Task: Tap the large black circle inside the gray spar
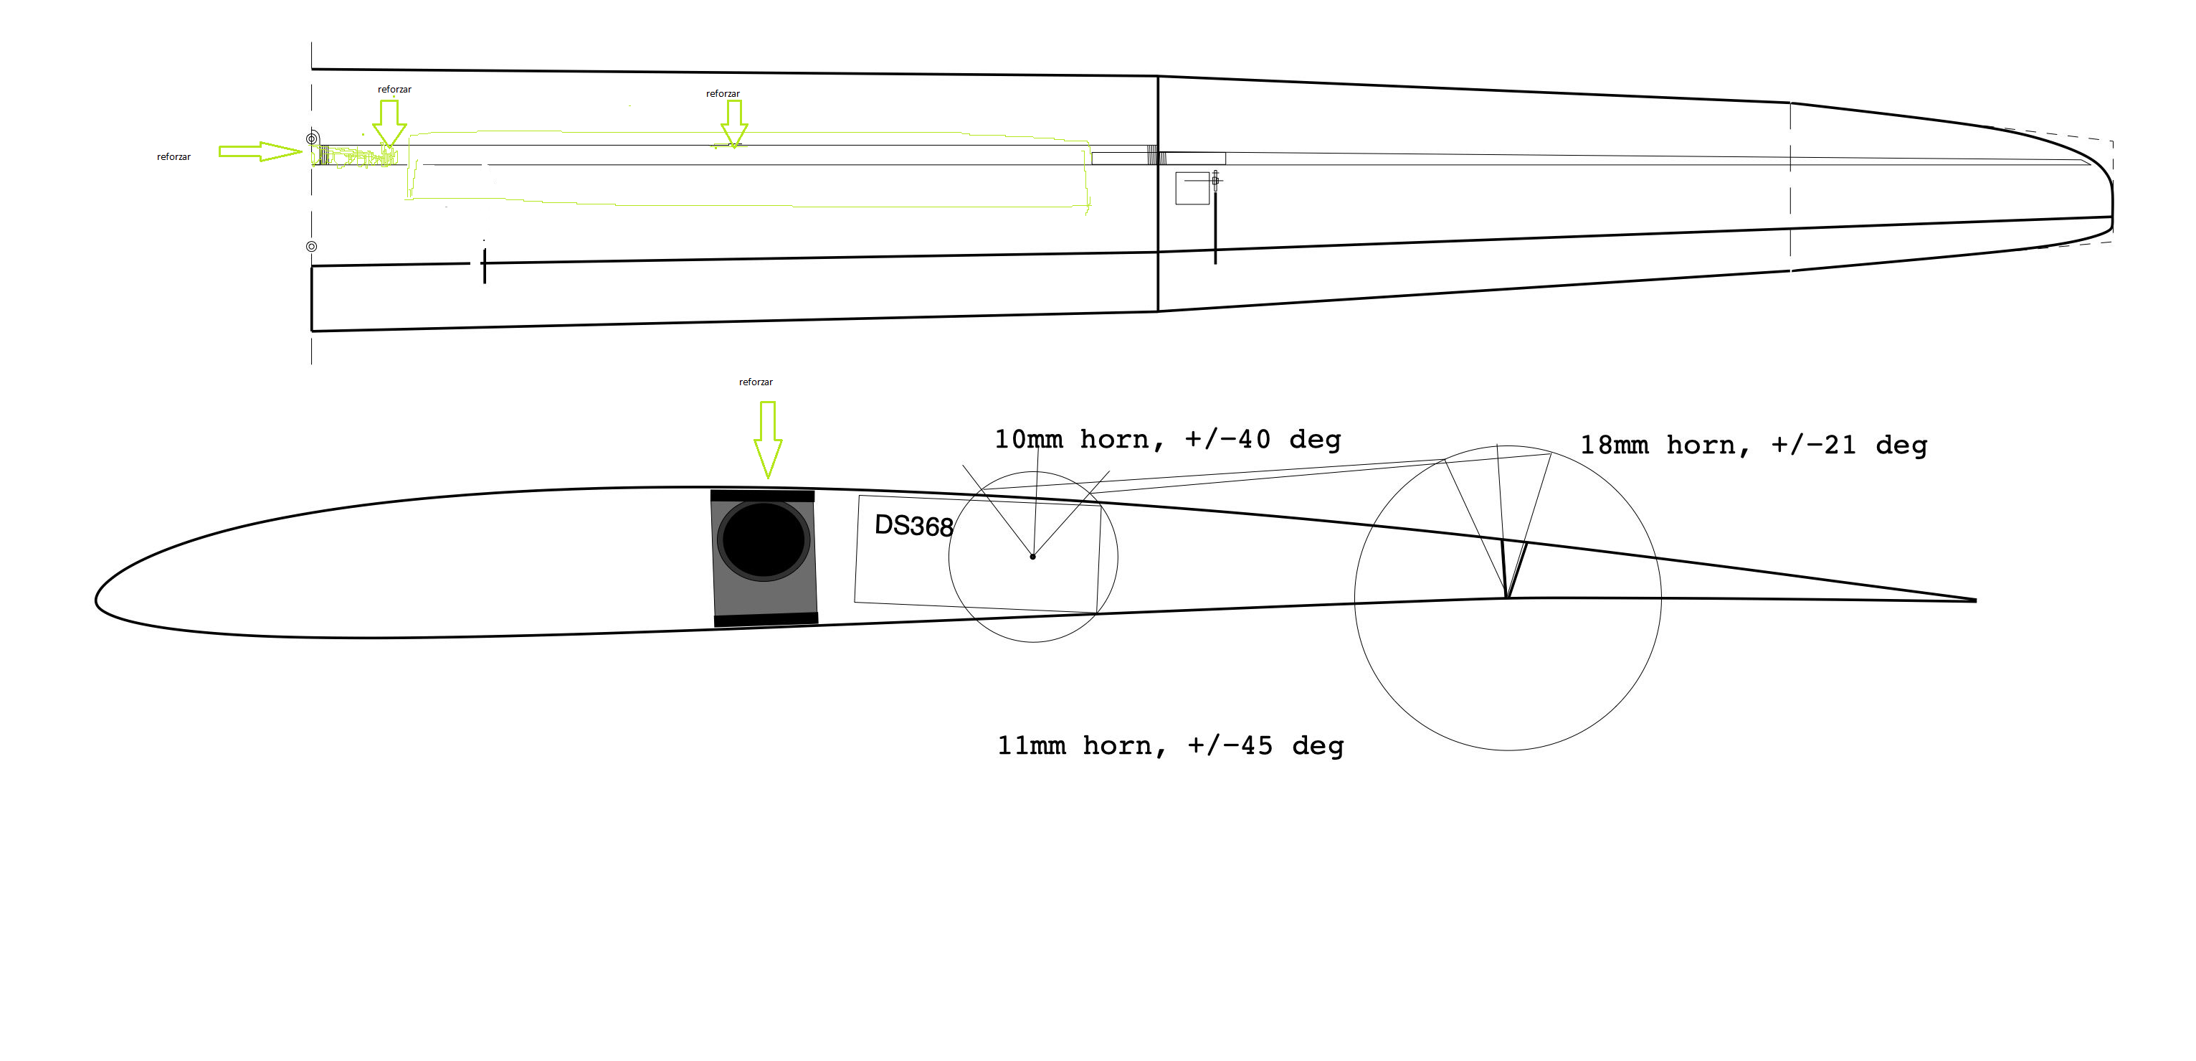point(764,540)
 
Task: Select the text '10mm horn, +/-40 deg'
point(1168,439)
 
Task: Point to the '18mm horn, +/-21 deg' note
point(1754,445)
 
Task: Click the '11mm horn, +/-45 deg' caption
point(1171,745)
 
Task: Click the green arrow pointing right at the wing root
point(261,152)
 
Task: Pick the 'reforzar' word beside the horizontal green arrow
point(174,157)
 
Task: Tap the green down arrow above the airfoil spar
point(768,440)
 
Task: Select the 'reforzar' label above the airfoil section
point(756,382)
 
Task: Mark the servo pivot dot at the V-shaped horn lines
point(1032,557)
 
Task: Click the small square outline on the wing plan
point(1192,189)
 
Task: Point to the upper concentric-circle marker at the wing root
point(312,139)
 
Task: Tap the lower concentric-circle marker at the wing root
point(312,247)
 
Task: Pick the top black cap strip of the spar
point(762,496)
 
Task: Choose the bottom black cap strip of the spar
point(766,620)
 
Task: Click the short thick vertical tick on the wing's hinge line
point(484,266)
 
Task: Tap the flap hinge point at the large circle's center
point(1507,598)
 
